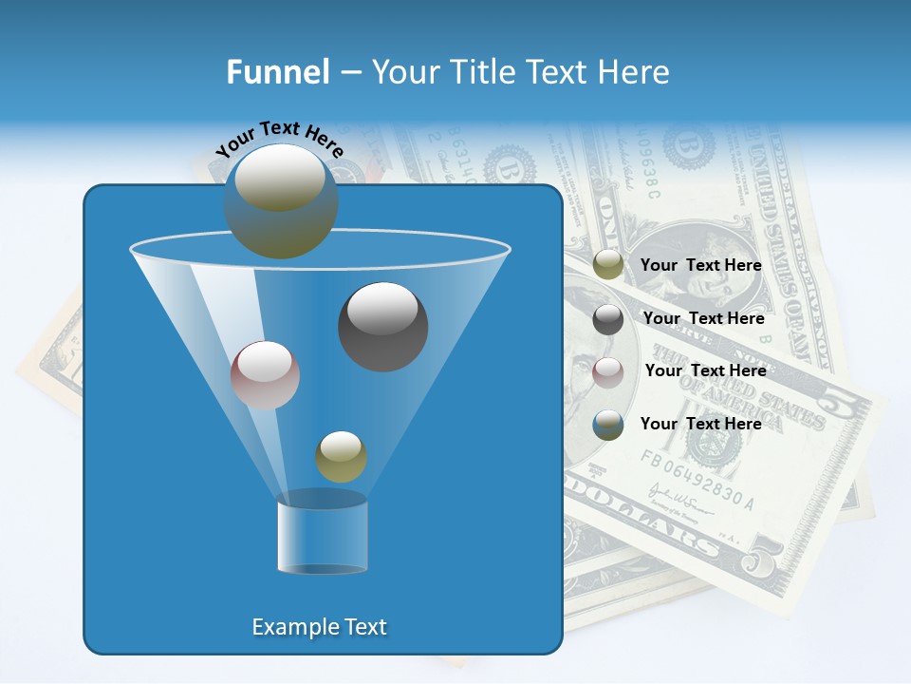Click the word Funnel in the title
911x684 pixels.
pos(278,72)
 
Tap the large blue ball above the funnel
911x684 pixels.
pos(281,201)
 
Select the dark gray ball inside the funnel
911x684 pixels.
pos(383,327)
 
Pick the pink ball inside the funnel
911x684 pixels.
pos(265,375)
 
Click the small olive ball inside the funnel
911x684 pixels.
pos(341,457)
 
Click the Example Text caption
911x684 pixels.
pos(320,627)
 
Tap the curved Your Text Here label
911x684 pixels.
pos(279,139)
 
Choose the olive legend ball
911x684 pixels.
pos(608,265)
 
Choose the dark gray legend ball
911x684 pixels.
pos(608,319)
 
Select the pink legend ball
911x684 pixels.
pos(608,372)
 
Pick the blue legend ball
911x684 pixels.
pos(608,425)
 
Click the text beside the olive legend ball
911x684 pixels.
pos(700,266)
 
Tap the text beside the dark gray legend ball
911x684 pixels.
pos(703,319)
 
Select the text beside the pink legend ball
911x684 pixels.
pos(705,371)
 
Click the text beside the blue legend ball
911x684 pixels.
pos(700,424)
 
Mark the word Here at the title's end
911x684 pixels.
pos(636,72)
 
